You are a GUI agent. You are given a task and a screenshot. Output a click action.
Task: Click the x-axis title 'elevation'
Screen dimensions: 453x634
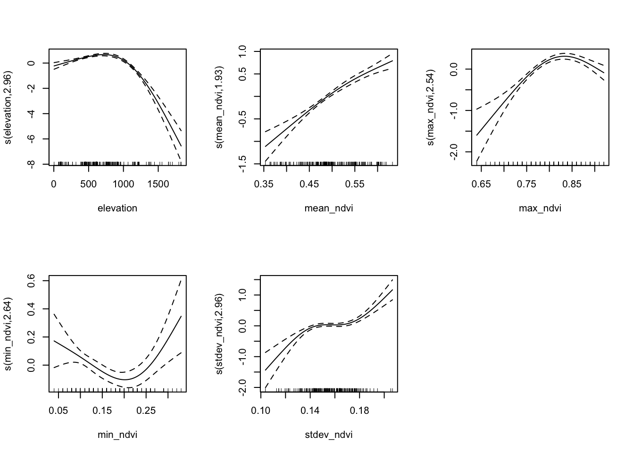coord(117,208)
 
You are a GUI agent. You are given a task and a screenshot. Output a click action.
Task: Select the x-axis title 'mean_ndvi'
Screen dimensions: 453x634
coord(329,208)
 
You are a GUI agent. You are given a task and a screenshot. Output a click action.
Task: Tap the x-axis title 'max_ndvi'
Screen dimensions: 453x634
coord(540,208)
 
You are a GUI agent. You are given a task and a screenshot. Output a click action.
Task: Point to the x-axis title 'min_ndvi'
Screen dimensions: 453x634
coord(117,435)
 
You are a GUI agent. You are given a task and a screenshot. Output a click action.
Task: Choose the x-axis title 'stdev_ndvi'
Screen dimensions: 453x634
coord(329,435)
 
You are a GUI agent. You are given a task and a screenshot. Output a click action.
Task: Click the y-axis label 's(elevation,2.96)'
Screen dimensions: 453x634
coord(8,107)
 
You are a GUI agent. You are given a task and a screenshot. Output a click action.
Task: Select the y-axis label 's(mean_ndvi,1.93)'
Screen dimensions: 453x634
coord(219,107)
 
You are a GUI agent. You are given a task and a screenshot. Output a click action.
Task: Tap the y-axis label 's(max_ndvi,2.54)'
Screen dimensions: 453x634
coord(431,107)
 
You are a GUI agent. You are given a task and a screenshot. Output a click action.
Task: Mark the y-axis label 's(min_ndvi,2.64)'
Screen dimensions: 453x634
coord(8,334)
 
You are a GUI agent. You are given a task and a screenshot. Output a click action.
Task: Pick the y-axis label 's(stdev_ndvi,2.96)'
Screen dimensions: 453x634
coord(219,334)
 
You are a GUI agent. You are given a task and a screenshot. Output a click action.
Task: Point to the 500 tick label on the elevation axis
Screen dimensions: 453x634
coord(88,184)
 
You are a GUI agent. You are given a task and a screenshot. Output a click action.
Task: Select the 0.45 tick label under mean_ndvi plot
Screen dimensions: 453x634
coord(309,184)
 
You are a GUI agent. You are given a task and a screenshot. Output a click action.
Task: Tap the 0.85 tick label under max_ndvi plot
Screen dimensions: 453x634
coord(572,184)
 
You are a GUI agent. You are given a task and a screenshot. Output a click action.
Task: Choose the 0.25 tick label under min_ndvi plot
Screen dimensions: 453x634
coord(146,410)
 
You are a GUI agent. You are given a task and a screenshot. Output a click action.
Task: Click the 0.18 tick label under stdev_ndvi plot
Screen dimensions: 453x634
coord(359,410)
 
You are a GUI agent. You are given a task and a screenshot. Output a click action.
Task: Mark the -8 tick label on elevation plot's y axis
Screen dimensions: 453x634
coord(33,164)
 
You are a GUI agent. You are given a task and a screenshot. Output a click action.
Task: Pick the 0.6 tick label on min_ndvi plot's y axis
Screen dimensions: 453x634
coord(33,281)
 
